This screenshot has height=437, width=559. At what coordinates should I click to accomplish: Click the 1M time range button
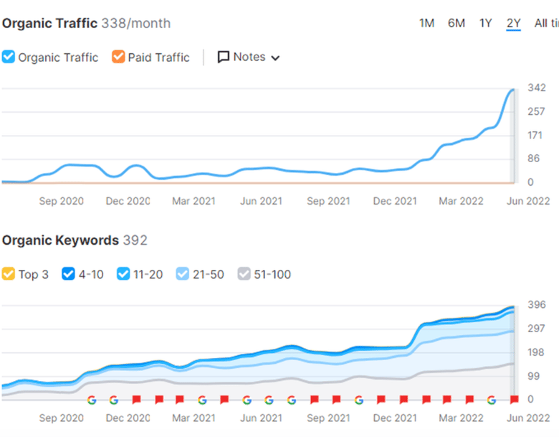click(x=426, y=24)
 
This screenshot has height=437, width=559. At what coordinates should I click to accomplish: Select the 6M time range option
click(x=457, y=24)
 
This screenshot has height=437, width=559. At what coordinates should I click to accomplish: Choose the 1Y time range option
click(x=486, y=24)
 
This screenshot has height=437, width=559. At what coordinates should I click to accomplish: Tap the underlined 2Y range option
click(x=513, y=24)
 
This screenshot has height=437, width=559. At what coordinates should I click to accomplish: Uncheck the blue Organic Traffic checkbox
click(x=8, y=57)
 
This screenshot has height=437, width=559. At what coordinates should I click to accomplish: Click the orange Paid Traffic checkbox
click(x=118, y=57)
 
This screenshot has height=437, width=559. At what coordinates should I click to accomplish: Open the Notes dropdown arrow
click(x=275, y=58)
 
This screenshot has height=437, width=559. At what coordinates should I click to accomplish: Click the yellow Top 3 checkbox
click(x=8, y=274)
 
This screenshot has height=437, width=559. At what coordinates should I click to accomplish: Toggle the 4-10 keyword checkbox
click(x=68, y=274)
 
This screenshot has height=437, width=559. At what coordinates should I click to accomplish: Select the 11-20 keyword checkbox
click(x=123, y=274)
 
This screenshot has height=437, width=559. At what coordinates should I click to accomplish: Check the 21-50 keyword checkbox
click(x=182, y=274)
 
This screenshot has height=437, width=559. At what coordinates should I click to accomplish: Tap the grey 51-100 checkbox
click(x=244, y=274)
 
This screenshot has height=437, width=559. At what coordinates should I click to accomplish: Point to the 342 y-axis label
click(x=537, y=88)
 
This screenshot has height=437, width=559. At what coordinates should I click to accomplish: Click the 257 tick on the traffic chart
click(x=536, y=112)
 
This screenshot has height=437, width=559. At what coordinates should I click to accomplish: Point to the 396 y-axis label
click(x=537, y=305)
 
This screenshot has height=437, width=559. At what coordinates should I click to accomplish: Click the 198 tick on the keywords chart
click(x=536, y=352)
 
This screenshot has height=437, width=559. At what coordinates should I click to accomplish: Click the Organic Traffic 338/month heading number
click(x=136, y=24)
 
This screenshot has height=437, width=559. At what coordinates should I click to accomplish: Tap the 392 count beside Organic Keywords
click(x=135, y=240)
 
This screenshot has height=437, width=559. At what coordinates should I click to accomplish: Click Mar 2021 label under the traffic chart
click(x=193, y=201)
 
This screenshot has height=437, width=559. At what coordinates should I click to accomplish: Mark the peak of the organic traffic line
click(x=513, y=90)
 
